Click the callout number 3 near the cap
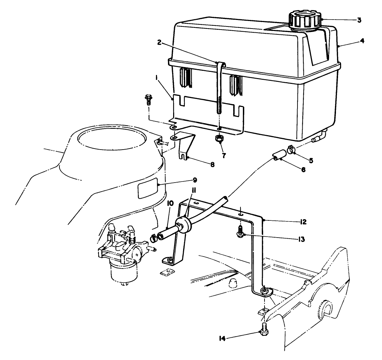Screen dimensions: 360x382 pos(359,20)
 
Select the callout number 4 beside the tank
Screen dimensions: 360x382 pos(362,41)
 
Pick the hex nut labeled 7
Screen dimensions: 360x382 pos(219,140)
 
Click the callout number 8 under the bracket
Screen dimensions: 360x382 pos(212,164)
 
